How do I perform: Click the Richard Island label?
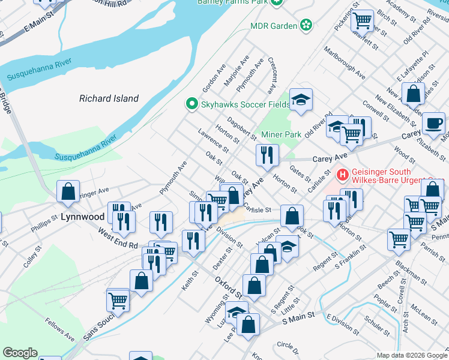tap(109, 98)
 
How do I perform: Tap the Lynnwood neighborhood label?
tap(82, 215)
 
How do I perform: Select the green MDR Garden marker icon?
tap(306, 25)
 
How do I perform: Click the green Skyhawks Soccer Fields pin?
tap(192, 104)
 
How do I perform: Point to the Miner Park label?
tap(281, 134)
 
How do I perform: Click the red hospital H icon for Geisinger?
tap(343, 175)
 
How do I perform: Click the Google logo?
tap(20, 353)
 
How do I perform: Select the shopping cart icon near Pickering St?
tap(363, 20)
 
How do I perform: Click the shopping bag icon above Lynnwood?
tap(68, 191)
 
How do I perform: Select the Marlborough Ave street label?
tap(345, 64)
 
